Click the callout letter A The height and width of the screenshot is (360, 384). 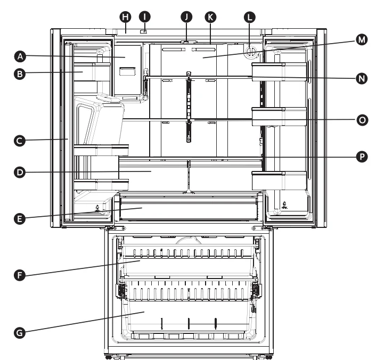20,55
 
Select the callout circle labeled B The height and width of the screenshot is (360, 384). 20,75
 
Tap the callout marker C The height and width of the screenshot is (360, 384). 20,141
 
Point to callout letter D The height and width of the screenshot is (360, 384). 20,173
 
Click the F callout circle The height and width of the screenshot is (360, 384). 20,275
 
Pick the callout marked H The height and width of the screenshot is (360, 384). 126,17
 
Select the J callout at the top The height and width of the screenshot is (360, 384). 186,17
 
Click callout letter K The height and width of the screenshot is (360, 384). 211,17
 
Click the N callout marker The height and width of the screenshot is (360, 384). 362,78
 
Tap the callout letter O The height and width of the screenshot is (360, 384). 362,120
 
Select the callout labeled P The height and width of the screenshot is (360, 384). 362,157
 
